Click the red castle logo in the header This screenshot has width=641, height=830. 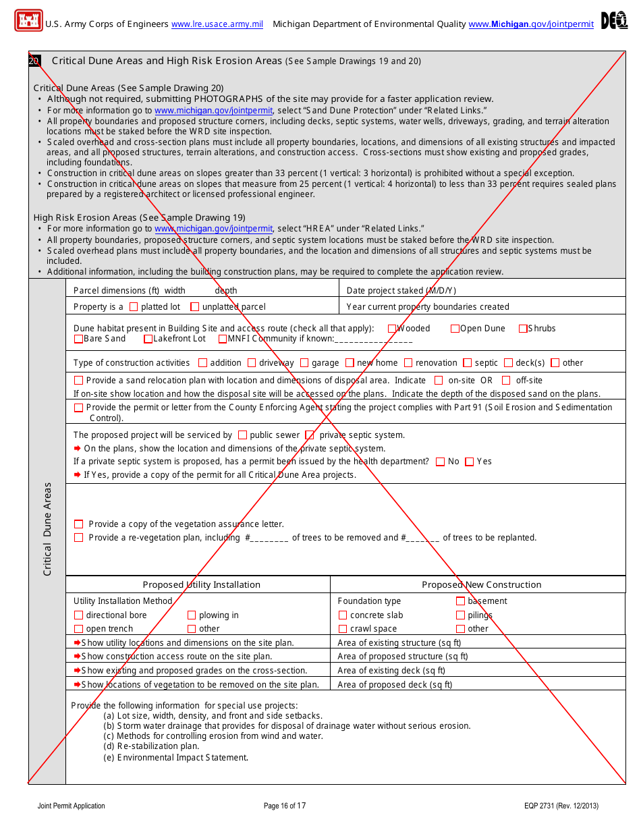coord(28,20)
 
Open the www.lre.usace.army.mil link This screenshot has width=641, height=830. coord(217,24)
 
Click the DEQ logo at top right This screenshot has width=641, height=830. coord(614,21)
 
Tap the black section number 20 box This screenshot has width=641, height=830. coord(34,61)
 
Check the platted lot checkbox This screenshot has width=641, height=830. coord(134,307)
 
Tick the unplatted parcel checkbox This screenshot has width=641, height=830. coord(195,307)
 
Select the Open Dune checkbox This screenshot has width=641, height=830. coord(455,329)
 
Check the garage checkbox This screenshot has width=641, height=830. coord(304,363)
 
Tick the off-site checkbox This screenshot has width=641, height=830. coord(506,381)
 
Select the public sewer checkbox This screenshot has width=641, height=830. coord(243,435)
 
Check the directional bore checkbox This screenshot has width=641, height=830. coord(79,615)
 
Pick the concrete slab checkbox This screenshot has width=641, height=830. coord(343,615)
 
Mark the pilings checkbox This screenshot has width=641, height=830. coord(461,615)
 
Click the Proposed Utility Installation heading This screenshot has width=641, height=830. coord(201,585)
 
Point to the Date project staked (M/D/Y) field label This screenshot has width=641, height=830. coord(401,291)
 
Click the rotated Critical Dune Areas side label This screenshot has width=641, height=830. coord(47,529)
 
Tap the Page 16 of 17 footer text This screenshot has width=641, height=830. coord(285,806)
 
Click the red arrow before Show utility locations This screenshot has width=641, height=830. coord(77,643)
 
